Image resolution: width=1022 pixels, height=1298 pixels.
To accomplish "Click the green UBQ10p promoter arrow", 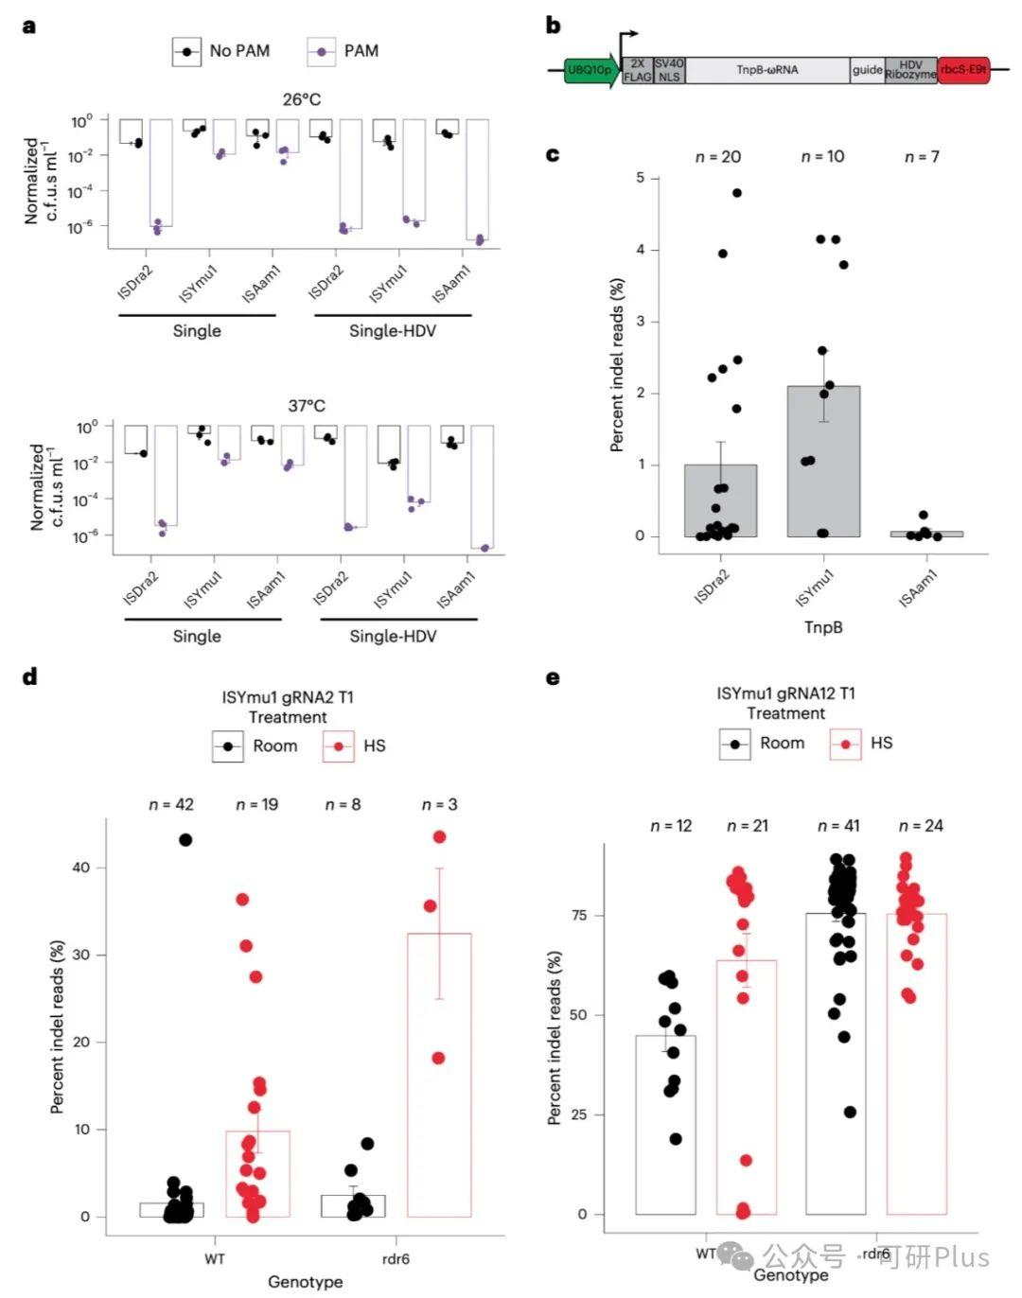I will click(x=590, y=70).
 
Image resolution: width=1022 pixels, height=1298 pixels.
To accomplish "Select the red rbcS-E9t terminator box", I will click(x=963, y=70).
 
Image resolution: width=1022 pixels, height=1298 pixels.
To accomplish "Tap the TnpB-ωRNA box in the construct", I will click(x=766, y=70).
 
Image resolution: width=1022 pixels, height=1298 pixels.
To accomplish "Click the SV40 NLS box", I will click(x=669, y=70).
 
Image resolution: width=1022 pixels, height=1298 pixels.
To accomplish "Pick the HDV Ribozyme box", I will click(x=910, y=70).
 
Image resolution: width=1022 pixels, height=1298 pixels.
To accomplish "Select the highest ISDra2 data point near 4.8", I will click(x=737, y=193).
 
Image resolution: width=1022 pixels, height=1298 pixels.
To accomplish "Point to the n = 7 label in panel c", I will click(x=922, y=157).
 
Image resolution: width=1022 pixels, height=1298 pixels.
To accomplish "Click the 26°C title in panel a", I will click(x=302, y=99).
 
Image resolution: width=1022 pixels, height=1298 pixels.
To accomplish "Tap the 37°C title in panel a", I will click(x=307, y=406).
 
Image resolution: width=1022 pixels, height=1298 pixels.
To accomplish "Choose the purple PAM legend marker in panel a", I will click(x=322, y=52).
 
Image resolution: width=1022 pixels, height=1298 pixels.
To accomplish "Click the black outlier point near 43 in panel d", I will click(x=185, y=839).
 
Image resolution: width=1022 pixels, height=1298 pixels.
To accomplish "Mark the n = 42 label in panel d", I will click(x=171, y=805).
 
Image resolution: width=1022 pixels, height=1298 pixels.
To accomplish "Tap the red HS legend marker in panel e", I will click(x=845, y=745).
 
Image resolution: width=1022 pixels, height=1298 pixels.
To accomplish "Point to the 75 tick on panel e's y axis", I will click(x=577, y=915).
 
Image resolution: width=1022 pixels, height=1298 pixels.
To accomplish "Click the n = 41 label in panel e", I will click(x=838, y=826).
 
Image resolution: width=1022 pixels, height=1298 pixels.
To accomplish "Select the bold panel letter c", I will click(x=553, y=154).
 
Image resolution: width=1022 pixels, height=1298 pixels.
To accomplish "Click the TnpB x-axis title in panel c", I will click(x=823, y=627).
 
